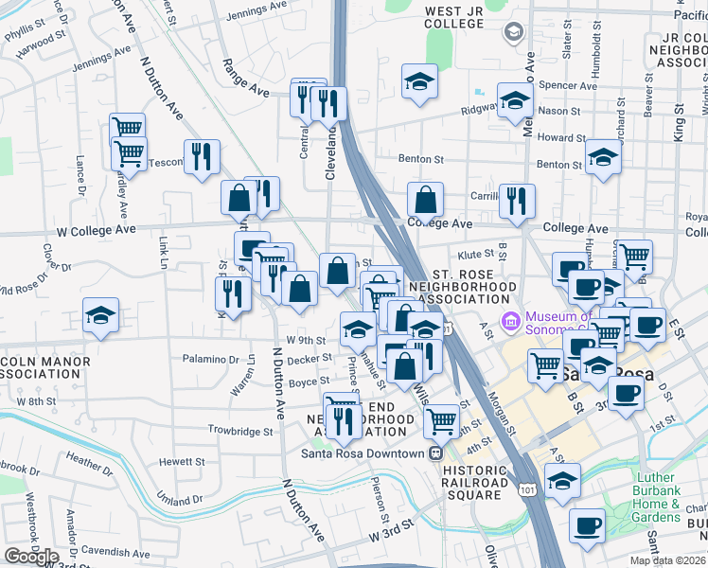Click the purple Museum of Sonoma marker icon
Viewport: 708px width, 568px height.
(512, 322)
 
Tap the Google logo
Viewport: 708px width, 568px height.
(31, 557)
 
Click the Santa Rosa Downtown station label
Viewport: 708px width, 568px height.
(363, 453)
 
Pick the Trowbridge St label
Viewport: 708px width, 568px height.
(240, 431)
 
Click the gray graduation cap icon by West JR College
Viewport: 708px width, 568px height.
(513, 34)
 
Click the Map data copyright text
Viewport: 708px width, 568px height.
(668, 560)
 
